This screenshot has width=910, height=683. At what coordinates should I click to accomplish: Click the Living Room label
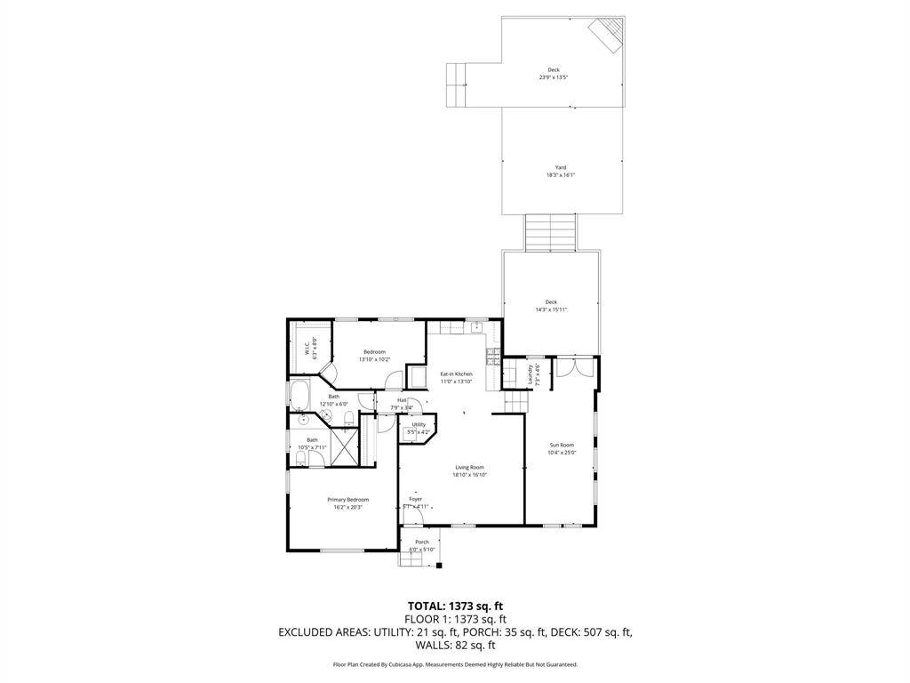tap(470, 467)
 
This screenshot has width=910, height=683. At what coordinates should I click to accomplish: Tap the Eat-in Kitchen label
tap(456, 374)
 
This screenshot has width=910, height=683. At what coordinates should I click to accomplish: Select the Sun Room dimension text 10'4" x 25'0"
tap(562, 453)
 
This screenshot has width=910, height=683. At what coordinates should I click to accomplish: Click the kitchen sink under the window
tap(476, 325)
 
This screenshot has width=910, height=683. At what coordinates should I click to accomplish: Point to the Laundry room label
tap(531, 374)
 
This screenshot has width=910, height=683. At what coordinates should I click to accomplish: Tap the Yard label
tap(561, 167)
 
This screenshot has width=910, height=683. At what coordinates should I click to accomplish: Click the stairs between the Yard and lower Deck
tap(549, 232)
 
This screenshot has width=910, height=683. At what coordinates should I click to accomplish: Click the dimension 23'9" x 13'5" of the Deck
tap(553, 77)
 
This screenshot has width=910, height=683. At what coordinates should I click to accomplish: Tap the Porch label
tap(422, 542)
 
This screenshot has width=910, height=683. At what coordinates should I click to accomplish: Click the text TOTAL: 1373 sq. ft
tap(455, 606)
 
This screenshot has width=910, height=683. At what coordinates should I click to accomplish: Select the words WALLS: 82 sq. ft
tap(455, 646)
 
